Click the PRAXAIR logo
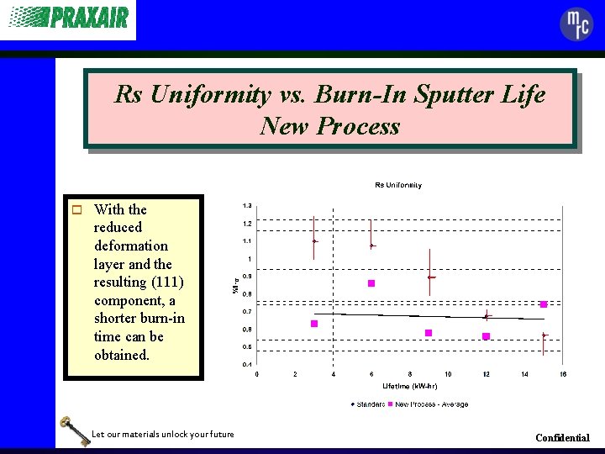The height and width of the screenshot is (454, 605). click(x=69, y=18)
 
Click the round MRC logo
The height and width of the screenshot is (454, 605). click(x=576, y=24)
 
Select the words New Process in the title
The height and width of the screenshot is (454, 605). click(x=330, y=126)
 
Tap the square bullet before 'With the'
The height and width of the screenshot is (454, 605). click(x=76, y=209)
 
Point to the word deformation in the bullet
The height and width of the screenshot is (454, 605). click(x=130, y=245)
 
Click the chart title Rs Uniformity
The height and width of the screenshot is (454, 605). click(x=398, y=185)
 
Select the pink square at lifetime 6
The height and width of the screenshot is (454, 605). click(x=371, y=283)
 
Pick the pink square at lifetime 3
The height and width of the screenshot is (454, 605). click(x=314, y=324)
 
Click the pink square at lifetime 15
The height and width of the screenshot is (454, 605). click(x=544, y=304)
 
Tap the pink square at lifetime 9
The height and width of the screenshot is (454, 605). click(x=429, y=333)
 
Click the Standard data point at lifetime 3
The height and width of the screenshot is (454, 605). click(x=314, y=241)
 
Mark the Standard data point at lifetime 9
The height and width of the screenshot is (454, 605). click(x=429, y=277)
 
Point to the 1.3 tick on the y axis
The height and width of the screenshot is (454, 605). click(x=247, y=205)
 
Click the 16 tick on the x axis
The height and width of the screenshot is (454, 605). click(x=563, y=374)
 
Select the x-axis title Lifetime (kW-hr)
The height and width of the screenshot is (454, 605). click(x=409, y=387)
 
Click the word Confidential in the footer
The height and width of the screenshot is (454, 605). click(x=562, y=438)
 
